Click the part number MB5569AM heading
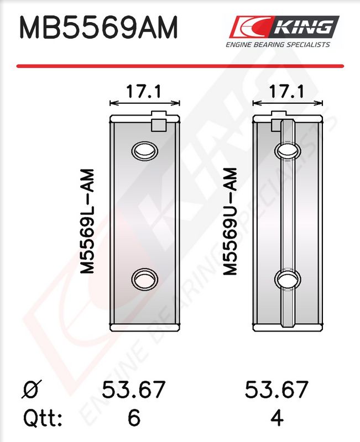click(x=98, y=28)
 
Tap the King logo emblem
click(x=284, y=27)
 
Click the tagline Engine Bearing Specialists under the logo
click(x=278, y=45)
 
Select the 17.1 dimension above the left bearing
click(x=144, y=91)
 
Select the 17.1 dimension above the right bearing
click(x=287, y=91)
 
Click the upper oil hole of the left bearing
click(x=144, y=150)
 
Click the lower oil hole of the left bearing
click(x=144, y=279)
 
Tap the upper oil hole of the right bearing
click(x=288, y=150)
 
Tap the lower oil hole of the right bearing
click(x=288, y=279)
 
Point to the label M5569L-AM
click(x=87, y=222)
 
